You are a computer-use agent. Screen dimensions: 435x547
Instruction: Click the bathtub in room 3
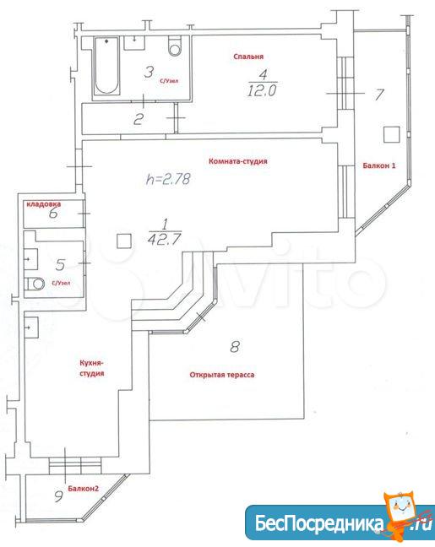pyautogui.click(x=106, y=66)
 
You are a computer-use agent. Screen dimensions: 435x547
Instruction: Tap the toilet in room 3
pyautogui.click(x=175, y=46)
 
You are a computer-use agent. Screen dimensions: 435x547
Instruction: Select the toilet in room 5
pyautogui.click(x=35, y=284)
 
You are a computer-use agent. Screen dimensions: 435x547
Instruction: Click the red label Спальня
pyautogui.click(x=248, y=57)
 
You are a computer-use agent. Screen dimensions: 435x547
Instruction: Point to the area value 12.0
pyautogui.click(x=262, y=91)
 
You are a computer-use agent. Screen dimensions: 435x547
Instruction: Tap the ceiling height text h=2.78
pyautogui.click(x=168, y=179)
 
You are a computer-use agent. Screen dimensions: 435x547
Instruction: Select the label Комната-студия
pyautogui.click(x=237, y=161)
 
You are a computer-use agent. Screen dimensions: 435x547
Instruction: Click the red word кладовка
pyautogui.click(x=44, y=204)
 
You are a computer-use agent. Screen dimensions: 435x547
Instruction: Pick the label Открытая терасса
pyautogui.click(x=222, y=375)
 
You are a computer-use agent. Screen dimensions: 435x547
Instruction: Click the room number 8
pyautogui.click(x=235, y=347)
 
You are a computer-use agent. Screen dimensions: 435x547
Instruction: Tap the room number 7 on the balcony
pyautogui.click(x=379, y=95)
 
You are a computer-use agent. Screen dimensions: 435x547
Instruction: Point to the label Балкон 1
pyautogui.click(x=379, y=165)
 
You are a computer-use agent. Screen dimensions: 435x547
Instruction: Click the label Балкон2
pyautogui.click(x=83, y=489)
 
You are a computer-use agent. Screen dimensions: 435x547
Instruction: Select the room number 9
pyautogui.click(x=59, y=496)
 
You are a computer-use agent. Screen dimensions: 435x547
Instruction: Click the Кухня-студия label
pyautogui.click(x=92, y=368)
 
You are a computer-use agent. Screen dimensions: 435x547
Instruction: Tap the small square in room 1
pyautogui.click(x=124, y=241)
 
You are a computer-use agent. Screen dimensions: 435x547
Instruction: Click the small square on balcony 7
pyautogui.click(x=392, y=134)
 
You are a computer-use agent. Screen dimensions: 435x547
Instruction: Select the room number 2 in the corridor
pyautogui.click(x=139, y=120)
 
